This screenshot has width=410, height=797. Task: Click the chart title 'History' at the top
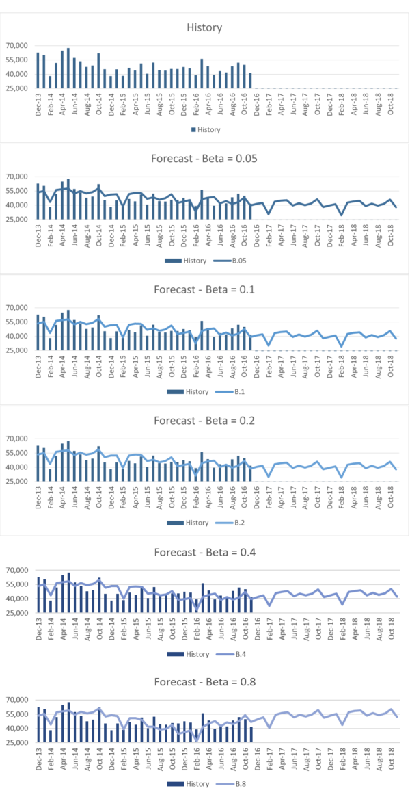click(x=204, y=28)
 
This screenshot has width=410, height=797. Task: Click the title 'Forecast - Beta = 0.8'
click(x=204, y=682)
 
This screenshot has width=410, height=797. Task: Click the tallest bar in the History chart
click(x=68, y=68)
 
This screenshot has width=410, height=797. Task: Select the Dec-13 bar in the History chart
click(x=38, y=70)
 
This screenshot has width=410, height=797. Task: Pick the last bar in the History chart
click(x=251, y=80)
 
